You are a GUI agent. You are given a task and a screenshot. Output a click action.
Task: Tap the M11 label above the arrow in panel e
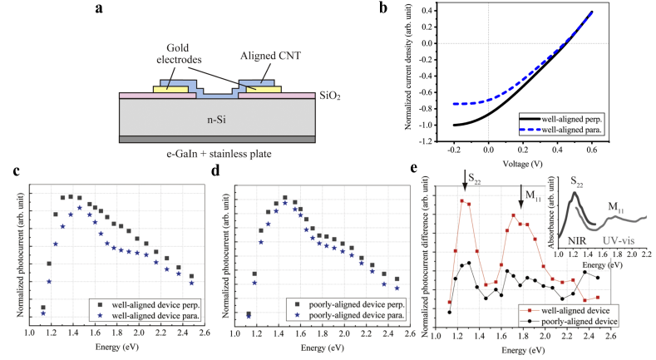pos(530,195)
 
